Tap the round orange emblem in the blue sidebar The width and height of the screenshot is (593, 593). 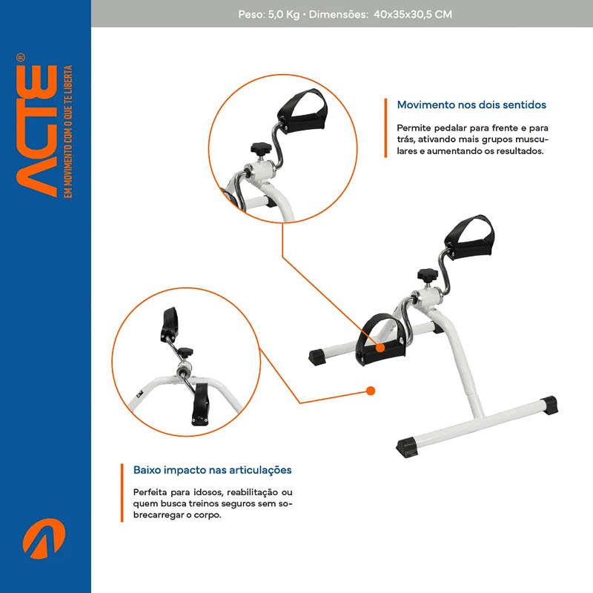point(44,539)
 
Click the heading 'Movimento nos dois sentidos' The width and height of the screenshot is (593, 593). point(471,105)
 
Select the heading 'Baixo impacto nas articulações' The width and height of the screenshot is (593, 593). point(212,470)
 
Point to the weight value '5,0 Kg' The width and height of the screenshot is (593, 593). point(284,14)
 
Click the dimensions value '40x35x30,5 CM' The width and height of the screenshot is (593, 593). point(413,14)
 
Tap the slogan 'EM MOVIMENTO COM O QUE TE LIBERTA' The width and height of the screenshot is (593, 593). point(67,132)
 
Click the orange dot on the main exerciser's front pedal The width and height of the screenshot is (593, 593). point(380,347)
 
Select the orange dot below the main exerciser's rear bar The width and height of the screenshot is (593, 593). point(371,391)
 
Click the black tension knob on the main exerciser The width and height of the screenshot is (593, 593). point(428,276)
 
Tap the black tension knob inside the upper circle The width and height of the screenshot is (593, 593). point(261,149)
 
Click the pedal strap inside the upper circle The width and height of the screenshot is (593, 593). point(302,110)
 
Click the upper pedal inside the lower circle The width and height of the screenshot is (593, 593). point(170,325)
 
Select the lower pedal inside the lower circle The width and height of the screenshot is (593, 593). point(199,404)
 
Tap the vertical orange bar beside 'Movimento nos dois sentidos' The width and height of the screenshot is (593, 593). point(385,127)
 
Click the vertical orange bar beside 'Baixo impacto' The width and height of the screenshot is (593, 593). point(122,493)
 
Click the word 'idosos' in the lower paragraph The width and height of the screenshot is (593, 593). point(208,492)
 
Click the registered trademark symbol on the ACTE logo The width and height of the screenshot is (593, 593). point(21,58)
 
